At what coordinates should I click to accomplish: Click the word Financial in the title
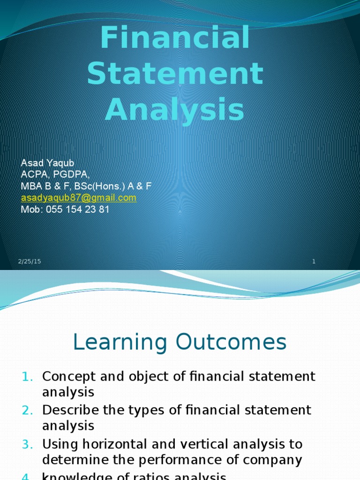click(175, 38)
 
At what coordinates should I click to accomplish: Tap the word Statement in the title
click(175, 74)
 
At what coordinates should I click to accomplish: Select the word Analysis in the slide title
click(174, 110)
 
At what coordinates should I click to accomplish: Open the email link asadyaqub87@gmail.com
click(79, 198)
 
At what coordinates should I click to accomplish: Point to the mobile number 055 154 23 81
click(77, 210)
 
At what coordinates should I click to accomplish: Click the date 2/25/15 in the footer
click(30, 262)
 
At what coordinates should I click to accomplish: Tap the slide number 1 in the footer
click(314, 262)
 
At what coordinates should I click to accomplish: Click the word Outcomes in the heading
click(234, 342)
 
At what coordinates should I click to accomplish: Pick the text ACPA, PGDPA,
click(55, 175)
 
